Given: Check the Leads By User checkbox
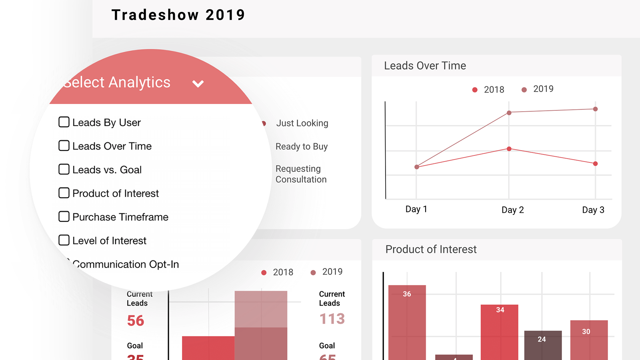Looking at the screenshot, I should (x=64, y=122).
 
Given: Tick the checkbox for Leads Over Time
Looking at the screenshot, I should (x=64, y=146).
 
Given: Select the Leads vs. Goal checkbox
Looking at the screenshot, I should (x=64, y=169).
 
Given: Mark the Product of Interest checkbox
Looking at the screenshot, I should (x=64, y=193).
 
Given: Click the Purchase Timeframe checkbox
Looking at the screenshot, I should (x=64, y=216).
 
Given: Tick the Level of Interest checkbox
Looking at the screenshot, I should (x=64, y=240).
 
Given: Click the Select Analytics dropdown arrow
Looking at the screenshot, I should (x=198, y=84).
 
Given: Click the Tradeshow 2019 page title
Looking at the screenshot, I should (x=178, y=15).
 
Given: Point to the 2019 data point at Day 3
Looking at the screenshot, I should (x=596, y=109).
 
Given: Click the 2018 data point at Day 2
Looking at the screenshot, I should (x=509, y=149).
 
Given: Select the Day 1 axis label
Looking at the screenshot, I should (x=416, y=209).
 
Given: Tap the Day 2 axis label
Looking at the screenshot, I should (x=512, y=210).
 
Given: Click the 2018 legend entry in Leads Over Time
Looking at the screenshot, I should (x=488, y=90).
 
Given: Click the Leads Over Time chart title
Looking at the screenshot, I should (x=425, y=66).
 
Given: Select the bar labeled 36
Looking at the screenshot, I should (x=407, y=320).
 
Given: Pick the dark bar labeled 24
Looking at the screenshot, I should (x=543, y=344).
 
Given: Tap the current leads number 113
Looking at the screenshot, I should (x=332, y=319).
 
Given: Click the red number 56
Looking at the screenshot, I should (x=136, y=320).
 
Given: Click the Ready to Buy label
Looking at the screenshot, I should (x=302, y=147).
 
